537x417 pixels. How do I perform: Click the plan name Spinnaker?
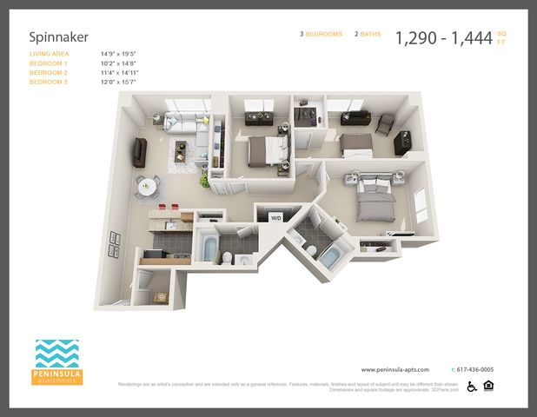pos(58,37)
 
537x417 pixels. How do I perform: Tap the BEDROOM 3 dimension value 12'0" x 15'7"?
pos(119,82)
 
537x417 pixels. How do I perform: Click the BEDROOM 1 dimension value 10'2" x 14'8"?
pos(119,63)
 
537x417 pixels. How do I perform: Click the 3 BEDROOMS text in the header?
pos(322,34)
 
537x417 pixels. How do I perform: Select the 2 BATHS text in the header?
pos(368,34)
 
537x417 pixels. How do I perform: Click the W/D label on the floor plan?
pos(275,218)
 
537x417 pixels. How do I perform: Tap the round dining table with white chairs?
pos(147,185)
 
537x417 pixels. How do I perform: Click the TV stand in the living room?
pos(137,152)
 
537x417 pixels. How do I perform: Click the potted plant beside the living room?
pos(205,180)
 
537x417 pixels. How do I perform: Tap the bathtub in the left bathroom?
pos(209,248)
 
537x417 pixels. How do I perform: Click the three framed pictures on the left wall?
pos(114,250)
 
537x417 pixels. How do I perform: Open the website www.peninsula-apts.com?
pos(395,369)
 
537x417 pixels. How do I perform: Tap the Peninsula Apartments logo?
pos(58,361)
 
